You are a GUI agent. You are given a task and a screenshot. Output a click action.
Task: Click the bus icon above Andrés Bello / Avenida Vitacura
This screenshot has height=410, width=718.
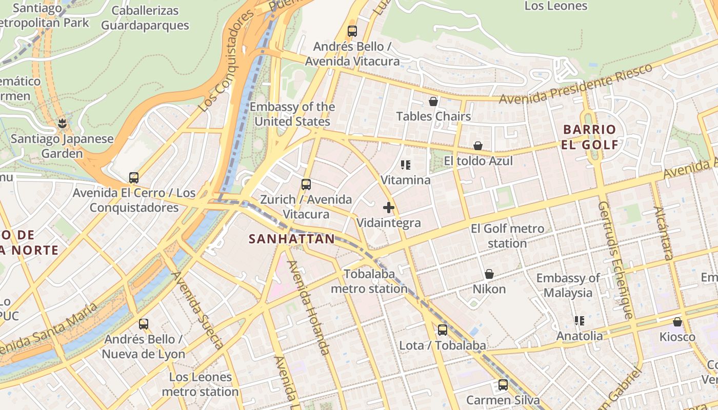tap(352, 31)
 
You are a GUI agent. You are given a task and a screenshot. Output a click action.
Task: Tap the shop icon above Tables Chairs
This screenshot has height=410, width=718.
tap(433, 101)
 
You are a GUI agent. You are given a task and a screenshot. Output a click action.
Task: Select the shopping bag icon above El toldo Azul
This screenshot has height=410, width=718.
tap(478, 146)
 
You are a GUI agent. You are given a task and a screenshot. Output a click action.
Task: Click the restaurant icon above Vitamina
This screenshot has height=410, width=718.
tap(406, 165)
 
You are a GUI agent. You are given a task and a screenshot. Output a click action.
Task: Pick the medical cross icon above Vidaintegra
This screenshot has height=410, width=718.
tap(389, 208)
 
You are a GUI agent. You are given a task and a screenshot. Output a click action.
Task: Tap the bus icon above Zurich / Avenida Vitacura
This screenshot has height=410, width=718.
tap(306, 184)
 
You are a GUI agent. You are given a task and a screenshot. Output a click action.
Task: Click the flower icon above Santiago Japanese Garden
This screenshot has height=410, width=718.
tap(63, 124)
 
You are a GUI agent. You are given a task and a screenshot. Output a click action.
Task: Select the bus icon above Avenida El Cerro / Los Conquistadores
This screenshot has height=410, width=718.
tap(134, 178)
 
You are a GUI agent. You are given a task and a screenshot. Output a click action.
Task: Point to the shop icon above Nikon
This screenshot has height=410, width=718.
tap(489, 274)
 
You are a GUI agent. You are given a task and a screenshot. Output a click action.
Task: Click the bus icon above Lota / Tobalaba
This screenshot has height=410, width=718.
tap(443, 330)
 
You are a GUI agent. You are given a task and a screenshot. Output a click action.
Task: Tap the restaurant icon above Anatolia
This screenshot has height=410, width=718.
tap(580, 321)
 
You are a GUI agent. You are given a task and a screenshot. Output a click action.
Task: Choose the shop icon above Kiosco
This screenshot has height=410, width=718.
tap(677, 322)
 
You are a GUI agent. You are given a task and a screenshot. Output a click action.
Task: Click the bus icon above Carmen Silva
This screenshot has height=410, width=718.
tap(503, 384)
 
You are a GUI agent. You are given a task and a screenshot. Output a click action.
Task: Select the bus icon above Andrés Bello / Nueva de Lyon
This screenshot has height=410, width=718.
tap(144, 324)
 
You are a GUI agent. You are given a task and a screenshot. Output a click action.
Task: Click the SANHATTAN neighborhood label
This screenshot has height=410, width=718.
tap(292, 239)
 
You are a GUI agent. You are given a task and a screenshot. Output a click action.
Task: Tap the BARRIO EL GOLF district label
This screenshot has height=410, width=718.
tap(590, 137)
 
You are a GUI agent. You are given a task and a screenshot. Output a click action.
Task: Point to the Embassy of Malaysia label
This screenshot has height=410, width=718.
tap(568, 285)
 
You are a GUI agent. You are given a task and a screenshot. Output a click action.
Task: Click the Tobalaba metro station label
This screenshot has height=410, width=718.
tap(369, 281)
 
